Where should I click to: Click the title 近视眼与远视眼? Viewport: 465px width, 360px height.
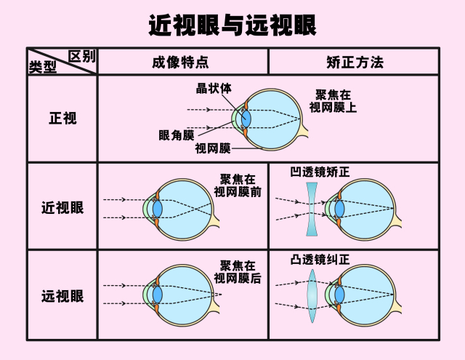click(232, 25)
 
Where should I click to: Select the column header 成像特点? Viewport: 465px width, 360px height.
click(181, 63)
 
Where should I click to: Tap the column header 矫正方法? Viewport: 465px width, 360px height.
click(354, 63)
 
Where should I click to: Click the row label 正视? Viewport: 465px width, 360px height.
click(62, 119)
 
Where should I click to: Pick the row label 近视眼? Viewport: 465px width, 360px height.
click(62, 207)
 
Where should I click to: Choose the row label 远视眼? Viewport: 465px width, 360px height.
click(62, 296)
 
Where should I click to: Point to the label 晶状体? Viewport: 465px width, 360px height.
click(214, 89)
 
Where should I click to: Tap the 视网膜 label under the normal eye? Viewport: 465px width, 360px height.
click(212, 148)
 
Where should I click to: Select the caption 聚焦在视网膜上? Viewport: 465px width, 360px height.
click(334, 101)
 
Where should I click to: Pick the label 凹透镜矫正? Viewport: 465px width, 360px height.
click(320, 173)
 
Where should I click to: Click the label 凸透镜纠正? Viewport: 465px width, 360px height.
click(320, 259)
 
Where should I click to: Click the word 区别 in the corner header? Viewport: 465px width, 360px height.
click(81, 57)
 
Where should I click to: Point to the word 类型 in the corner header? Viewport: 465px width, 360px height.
click(42, 67)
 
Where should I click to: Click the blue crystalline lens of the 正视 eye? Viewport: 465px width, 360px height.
click(246, 118)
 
